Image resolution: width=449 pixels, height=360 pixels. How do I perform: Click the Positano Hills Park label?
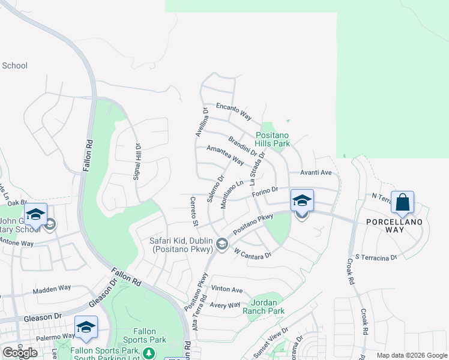pos(273,139)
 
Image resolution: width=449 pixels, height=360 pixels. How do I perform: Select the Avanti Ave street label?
pos(316,172)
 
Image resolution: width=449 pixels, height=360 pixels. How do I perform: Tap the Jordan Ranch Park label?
pos(264,307)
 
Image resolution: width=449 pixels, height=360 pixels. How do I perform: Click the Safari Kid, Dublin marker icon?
pos(223,243)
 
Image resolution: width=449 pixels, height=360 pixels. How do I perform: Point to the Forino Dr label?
pos(265,190)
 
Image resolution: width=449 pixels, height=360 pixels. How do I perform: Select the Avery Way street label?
pos(226,305)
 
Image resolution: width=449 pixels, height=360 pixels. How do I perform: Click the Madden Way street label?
pos(52,290)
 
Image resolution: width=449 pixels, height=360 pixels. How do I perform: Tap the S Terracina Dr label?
pos(376,257)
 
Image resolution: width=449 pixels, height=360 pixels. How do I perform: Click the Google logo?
pos(19,352)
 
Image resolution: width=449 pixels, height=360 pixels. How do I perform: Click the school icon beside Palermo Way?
pos(86,326)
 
